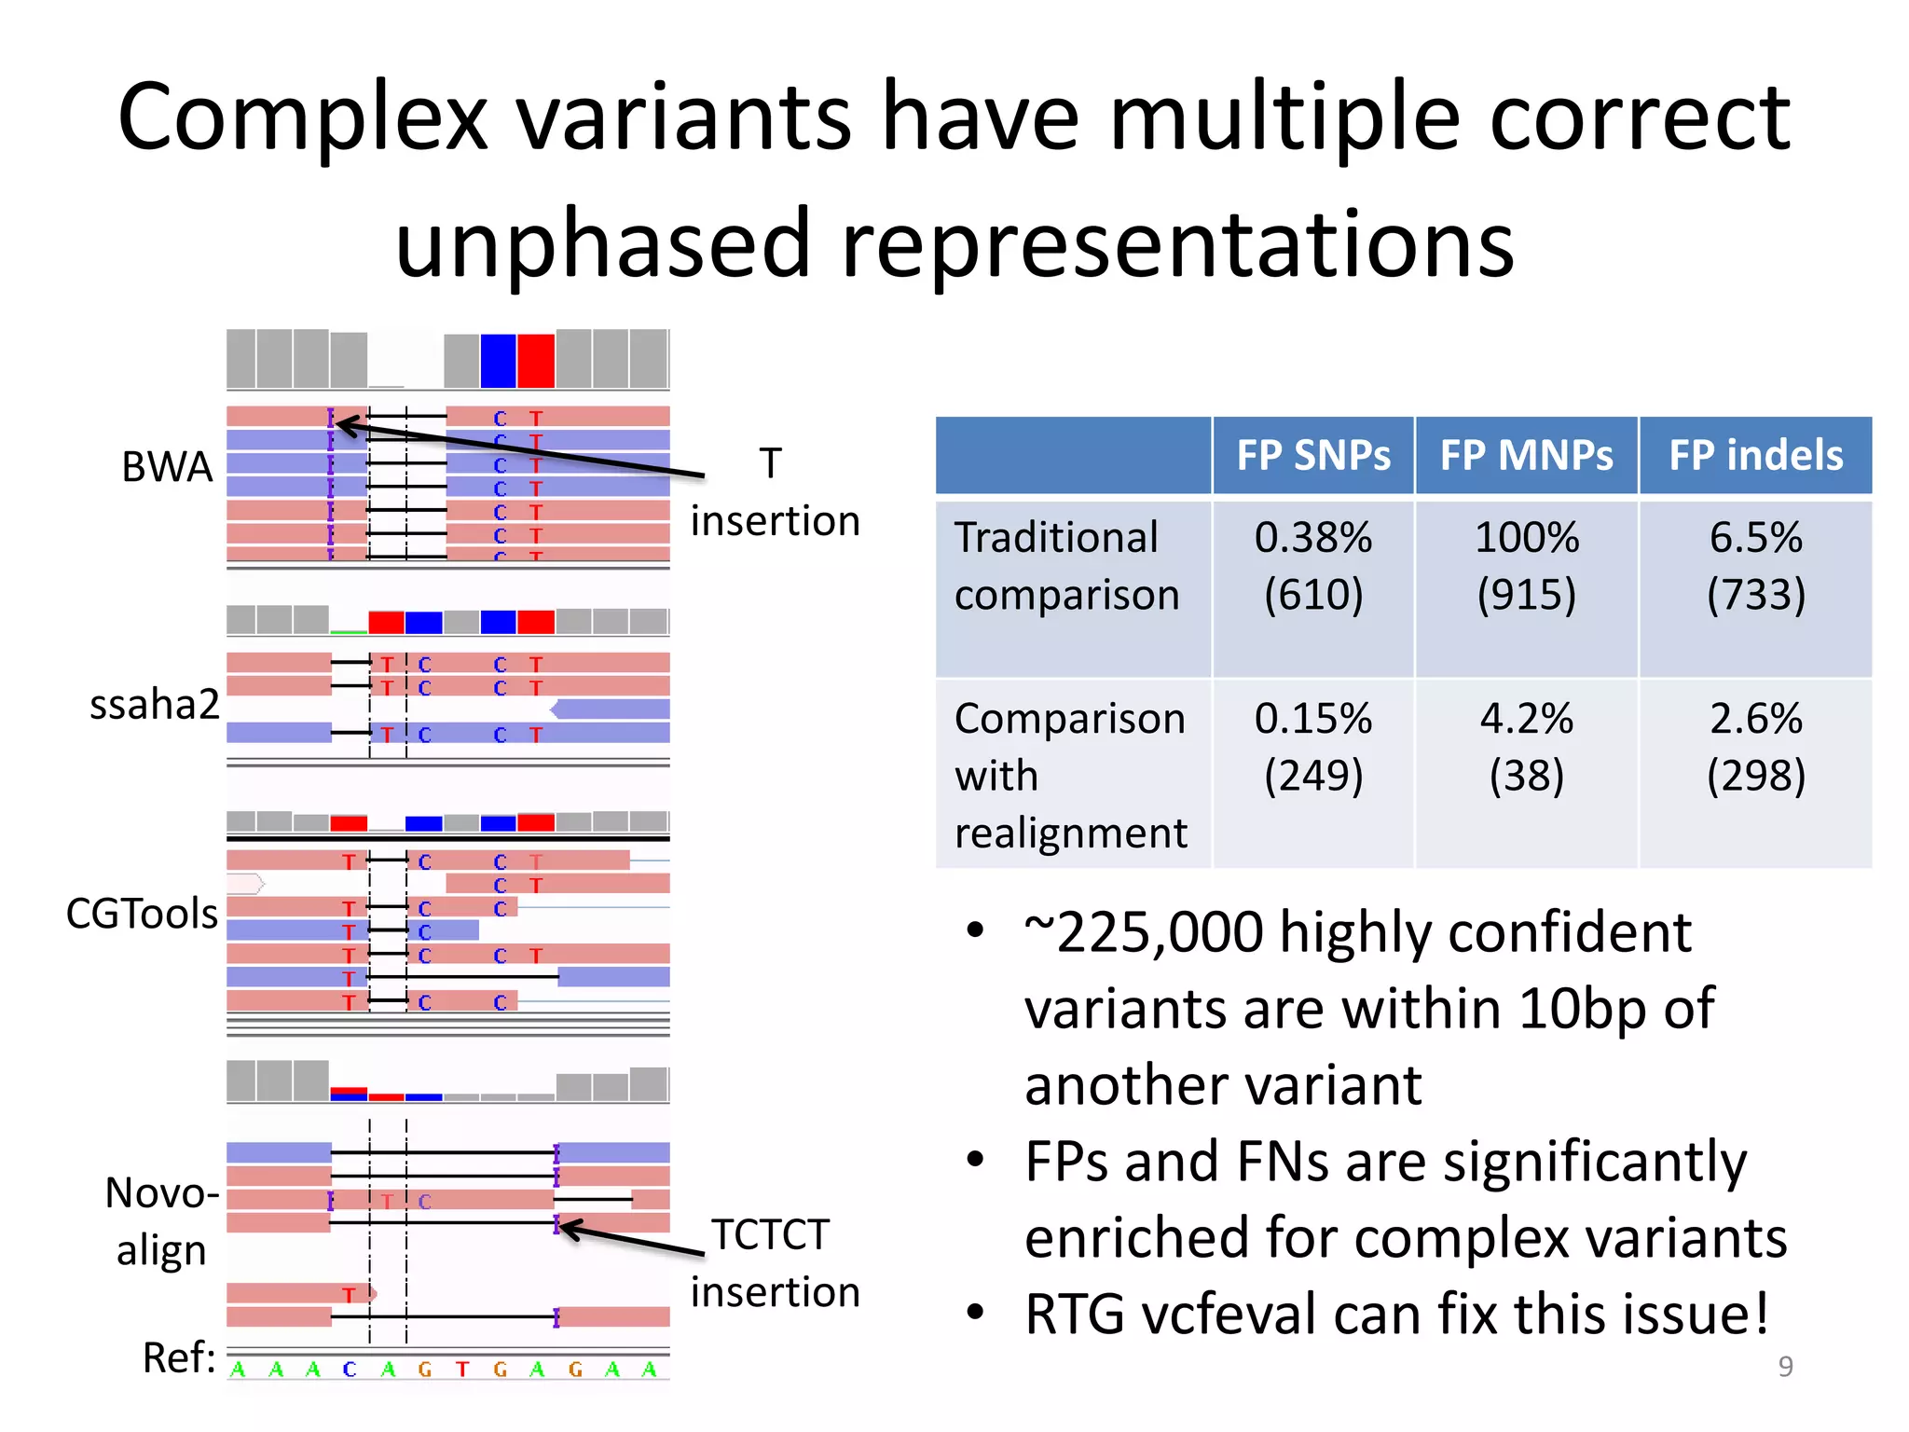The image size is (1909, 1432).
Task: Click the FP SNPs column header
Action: point(1312,456)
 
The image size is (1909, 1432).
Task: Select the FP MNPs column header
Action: point(1526,456)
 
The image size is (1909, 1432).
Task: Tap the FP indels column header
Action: point(1755,456)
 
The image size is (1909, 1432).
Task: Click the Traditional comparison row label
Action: point(1066,566)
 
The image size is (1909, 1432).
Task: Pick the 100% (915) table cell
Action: point(1526,566)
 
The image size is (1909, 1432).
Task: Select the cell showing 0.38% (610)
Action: point(1312,566)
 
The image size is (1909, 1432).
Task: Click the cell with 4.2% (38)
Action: point(1526,747)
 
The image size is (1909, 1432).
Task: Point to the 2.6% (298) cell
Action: point(1755,747)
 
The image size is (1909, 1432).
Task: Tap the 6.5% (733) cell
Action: point(1755,566)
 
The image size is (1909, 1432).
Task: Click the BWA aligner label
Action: point(167,466)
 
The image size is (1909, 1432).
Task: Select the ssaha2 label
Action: point(154,704)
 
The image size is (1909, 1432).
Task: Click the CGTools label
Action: point(142,914)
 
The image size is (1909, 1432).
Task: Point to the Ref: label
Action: point(178,1358)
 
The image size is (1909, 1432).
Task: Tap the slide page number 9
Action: point(1785,1366)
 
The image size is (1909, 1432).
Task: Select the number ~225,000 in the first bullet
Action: point(1141,932)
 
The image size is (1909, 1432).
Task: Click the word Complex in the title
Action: point(303,117)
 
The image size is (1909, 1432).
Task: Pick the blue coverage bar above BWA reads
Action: point(498,361)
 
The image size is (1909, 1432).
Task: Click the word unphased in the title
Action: point(602,244)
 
